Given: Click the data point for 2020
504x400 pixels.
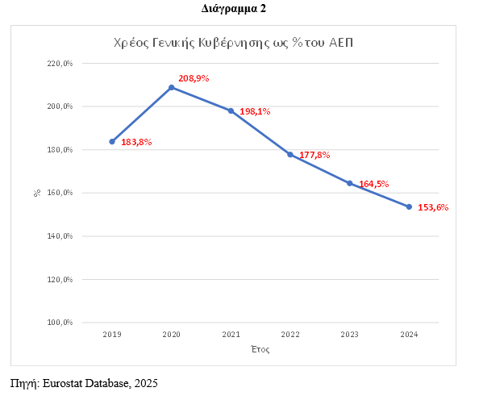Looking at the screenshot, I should click(172, 87).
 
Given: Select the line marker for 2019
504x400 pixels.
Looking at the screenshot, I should click(112, 141).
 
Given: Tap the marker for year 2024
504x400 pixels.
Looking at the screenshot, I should click(409, 206).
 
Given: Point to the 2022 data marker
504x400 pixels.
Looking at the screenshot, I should click(290, 154).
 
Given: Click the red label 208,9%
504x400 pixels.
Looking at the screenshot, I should click(194, 78).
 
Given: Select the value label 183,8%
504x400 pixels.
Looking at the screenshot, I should click(136, 142).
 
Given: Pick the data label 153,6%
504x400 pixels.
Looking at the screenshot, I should click(433, 207).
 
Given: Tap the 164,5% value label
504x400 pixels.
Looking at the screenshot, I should click(374, 183).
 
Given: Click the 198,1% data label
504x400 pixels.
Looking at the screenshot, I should click(255, 111).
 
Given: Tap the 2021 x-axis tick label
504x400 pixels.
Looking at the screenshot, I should click(231, 333).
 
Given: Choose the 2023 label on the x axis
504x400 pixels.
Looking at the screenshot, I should click(349, 333).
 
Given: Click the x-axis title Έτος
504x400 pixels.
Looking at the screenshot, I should click(260, 350).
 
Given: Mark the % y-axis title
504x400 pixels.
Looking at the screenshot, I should click(37, 193).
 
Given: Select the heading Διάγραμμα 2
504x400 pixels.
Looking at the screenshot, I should click(233, 9).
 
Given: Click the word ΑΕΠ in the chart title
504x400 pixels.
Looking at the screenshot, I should click(344, 42).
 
